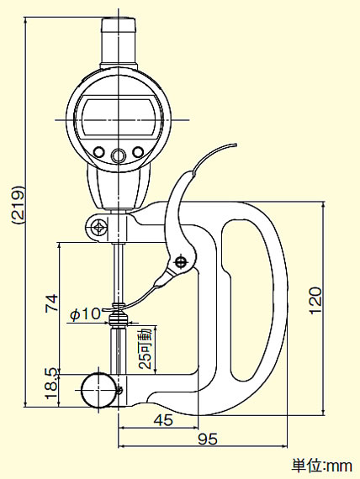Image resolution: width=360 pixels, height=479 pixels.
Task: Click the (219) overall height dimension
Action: [17, 204]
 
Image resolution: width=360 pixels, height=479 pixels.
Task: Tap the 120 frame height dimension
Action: [315, 300]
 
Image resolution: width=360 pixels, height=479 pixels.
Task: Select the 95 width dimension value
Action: [208, 439]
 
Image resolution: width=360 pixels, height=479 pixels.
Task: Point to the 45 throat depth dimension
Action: [163, 420]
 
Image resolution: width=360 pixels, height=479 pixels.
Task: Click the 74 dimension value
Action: [51, 303]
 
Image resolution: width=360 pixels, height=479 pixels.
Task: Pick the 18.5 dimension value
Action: [51, 383]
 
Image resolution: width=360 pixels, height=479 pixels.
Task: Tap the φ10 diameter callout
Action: [85, 314]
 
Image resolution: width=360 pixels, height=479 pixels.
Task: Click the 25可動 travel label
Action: [145, 348]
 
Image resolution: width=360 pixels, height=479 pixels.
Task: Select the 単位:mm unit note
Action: [321, 466]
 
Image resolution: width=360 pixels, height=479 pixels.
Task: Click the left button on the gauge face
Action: [98, 152]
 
